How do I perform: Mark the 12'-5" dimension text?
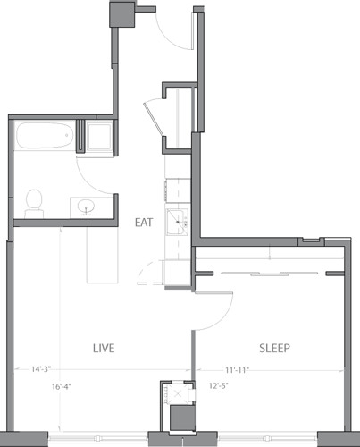click(219, 387)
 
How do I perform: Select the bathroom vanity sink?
click(87, 207)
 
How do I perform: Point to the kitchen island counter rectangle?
click(102, 254)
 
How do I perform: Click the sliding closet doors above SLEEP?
click(271, 272)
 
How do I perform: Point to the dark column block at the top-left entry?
click(121, 13)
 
